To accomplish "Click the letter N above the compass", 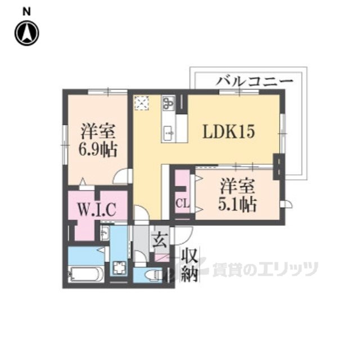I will (26, 10).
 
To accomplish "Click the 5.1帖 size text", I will (237, 204).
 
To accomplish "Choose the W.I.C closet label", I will (97, 210).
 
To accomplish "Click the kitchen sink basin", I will (168, 133).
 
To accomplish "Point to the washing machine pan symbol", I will (119, 269).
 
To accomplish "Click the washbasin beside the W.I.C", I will (105, 231).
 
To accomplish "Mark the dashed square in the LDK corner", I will (142, 103).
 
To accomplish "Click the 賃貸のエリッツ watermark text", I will (264, 269).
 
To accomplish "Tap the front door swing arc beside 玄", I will (184, 235).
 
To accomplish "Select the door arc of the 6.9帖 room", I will (121, 177).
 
